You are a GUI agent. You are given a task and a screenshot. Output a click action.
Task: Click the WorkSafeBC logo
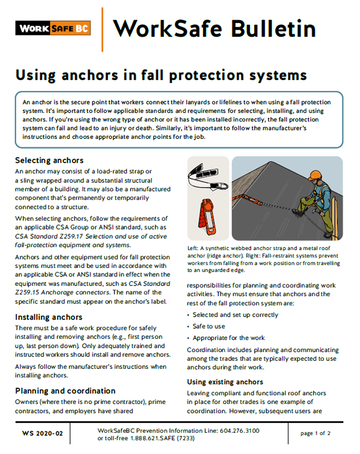click(53, 29)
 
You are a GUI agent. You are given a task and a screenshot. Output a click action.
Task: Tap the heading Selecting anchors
click(49, 160)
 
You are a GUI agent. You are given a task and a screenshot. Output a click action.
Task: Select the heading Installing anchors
click(49, 317)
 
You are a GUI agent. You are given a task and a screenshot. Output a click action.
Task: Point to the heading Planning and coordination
click(65, 391)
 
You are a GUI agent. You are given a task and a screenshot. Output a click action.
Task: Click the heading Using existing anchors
click(225, 382)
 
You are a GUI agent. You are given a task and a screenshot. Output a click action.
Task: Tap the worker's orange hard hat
click(314, 174)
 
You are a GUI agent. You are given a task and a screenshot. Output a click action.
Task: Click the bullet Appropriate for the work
click(229, 338)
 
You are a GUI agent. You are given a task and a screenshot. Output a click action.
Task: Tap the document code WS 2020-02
click(42, 434)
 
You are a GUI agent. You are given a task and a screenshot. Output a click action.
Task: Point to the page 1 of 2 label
click(315, 433)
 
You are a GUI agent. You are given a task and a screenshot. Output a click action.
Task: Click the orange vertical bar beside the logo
click(102, 29)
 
